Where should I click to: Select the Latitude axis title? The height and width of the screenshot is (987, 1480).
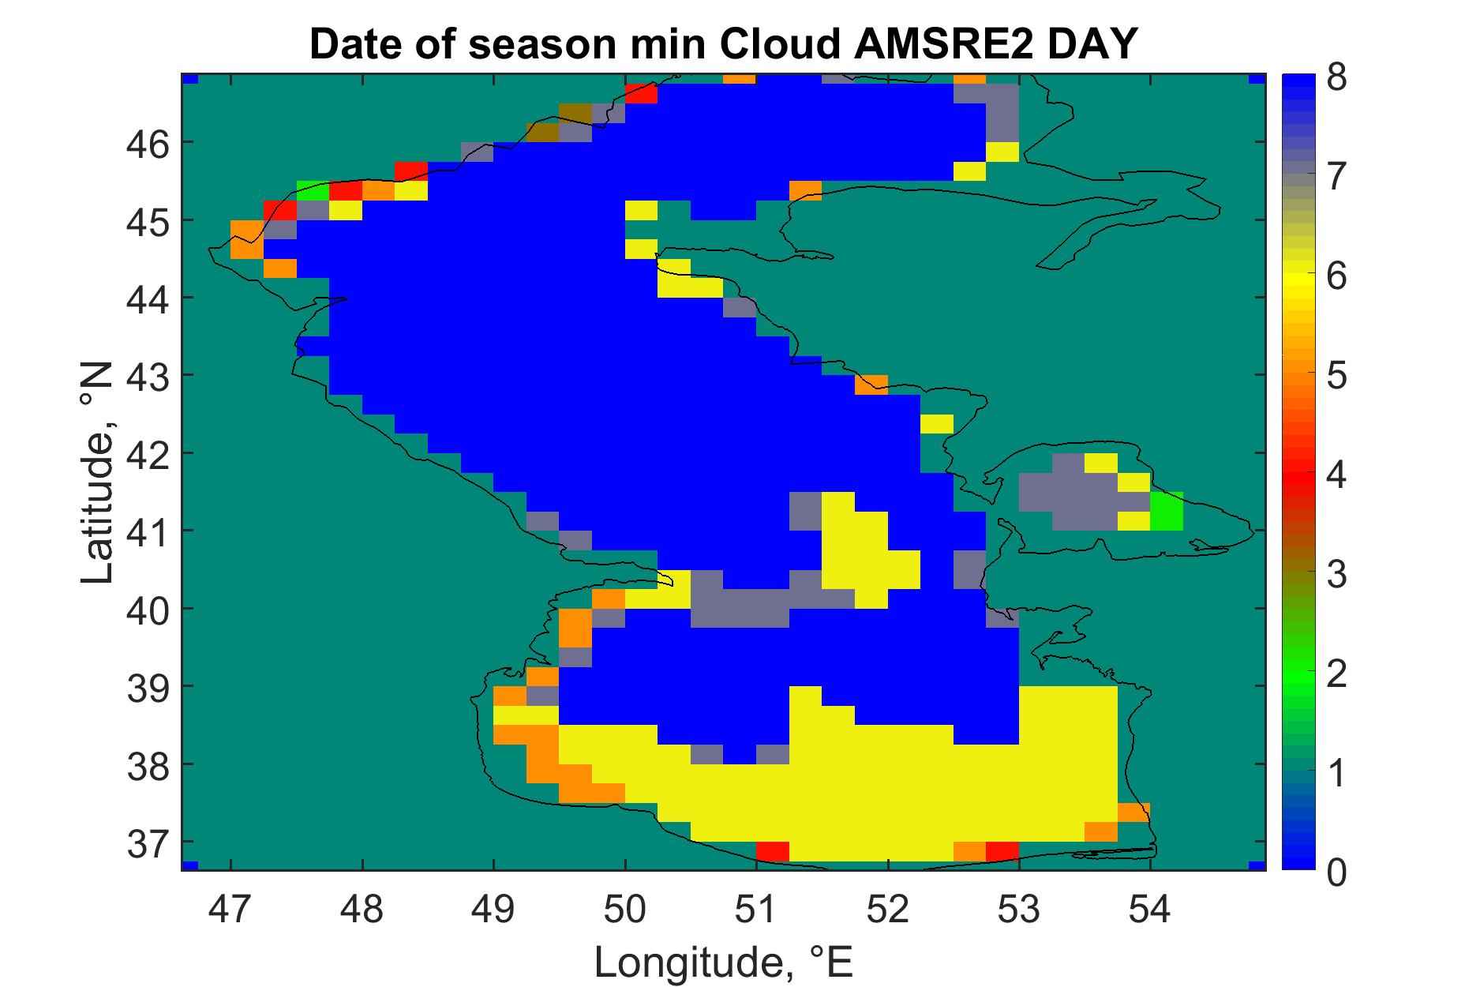click(99, 473)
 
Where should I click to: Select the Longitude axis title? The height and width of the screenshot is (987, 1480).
click(724, 962)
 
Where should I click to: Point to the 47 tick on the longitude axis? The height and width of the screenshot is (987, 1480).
click(230, 910)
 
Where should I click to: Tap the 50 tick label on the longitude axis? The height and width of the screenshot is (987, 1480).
click(625, 910)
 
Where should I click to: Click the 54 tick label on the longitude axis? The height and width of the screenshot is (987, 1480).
click(1150, 910)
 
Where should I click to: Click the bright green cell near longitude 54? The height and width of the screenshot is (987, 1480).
click(1167, 511)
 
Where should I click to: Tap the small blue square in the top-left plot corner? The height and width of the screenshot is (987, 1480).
click(189, 79)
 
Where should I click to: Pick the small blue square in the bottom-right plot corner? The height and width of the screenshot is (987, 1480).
click(1258, 866)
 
